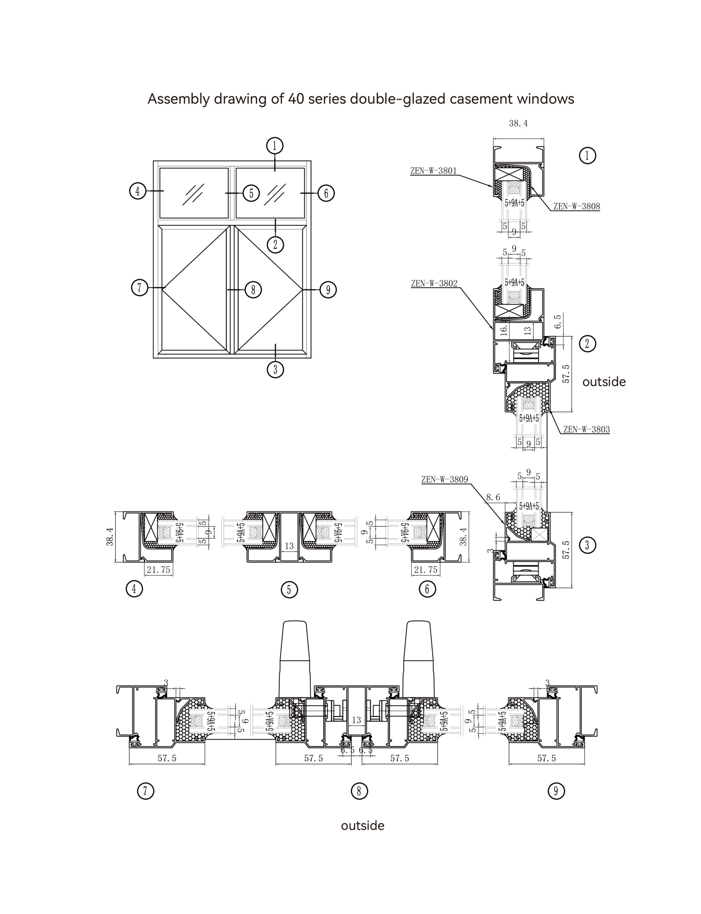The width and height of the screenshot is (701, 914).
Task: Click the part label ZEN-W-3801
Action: pyautogui.click(x=433, y=171)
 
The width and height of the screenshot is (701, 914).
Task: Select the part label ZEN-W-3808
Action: pyautogui.click(x=576, y=206)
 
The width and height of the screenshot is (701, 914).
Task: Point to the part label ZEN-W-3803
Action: pyautogui.click(x=586, y=429)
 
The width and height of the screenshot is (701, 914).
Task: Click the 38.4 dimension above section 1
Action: pyautogui.click(x=518, y=124)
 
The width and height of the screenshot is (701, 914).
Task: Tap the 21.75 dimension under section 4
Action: pyautogui.click(x=159, y=570)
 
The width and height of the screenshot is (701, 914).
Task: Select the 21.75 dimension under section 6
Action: pyautogui.click(x=426, y=570)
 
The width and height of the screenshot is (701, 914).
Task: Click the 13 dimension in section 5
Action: pyautogui.click(x=289, y=546)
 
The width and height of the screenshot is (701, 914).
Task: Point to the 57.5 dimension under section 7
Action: pyautogui.click(x=167, y=758)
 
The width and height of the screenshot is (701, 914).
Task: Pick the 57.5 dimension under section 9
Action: pyautogui.click(x=547, y=758)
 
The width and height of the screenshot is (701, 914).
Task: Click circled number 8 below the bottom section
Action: pyautogui.click(x=359, y=790)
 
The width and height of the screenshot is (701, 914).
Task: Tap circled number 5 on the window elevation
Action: pyautogui.click(x=251, y=193)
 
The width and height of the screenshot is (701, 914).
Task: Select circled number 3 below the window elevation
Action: pyautogui.click(x=275, y=369)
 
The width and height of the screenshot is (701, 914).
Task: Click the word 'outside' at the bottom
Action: pyautogui.click(x=362, y=825)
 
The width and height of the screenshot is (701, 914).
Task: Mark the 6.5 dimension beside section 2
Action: pyautogui.click(x=558, y=322)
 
